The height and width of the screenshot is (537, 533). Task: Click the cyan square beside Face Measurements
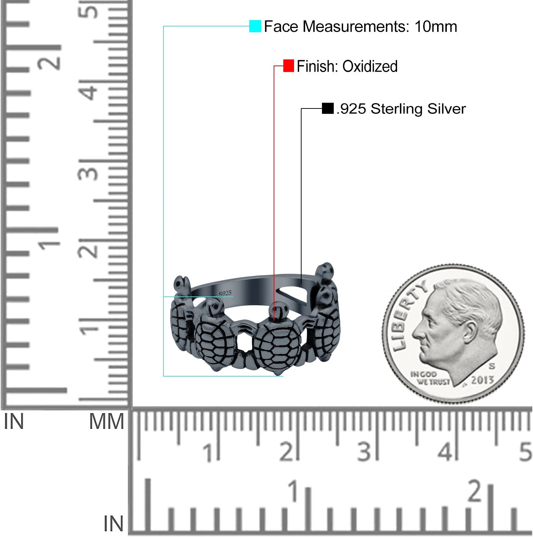pos(255,26)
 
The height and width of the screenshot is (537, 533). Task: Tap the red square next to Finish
pos(288,66)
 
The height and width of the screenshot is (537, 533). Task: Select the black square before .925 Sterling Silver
pos(328,108)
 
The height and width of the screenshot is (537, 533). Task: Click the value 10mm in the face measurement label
pos(436,26)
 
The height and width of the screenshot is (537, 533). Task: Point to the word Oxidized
pos(370,66)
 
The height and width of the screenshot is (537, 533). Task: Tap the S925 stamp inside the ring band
pos(225,294)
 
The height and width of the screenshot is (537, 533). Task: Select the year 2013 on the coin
pos(482,380)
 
